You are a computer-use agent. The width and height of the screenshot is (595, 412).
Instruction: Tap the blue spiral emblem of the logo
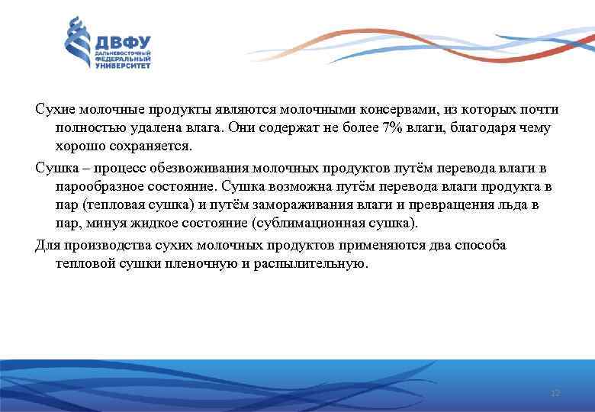click(77, 43)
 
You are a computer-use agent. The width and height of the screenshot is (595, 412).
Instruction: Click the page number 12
click(555, 393)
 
